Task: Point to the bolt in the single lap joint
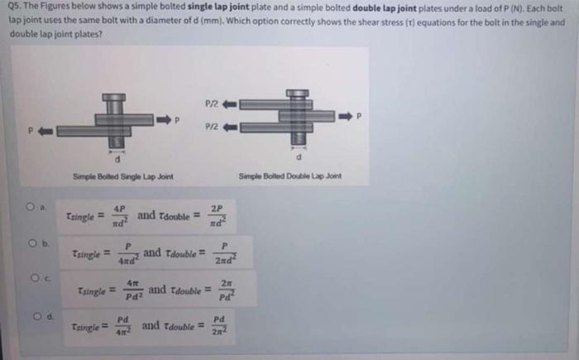tap(112, 121)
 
